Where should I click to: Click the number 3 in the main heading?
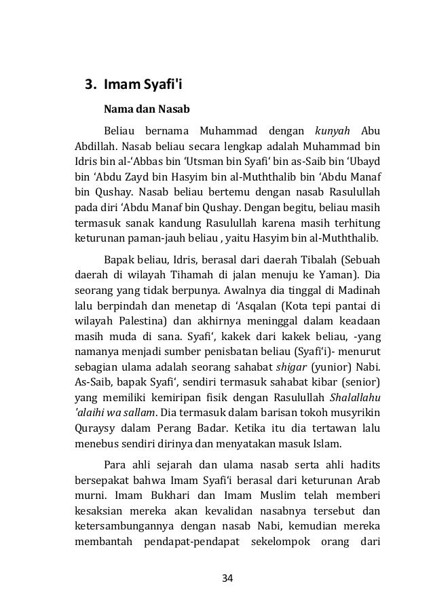tap(88, 85)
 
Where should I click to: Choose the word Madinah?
tap(358, 291)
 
